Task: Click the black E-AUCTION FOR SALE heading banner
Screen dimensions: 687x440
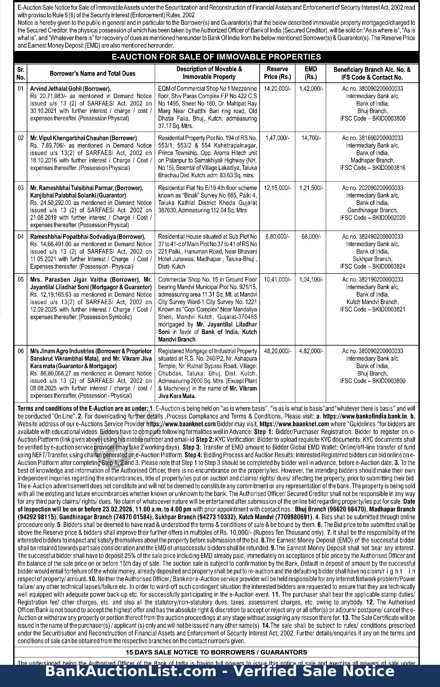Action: [216, 57]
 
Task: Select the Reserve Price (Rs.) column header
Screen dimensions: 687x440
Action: [277, 73]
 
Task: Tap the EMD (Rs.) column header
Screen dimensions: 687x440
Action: [311, 73]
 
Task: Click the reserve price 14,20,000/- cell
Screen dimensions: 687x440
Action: [277, 88]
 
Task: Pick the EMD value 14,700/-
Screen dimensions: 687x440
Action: [311, 138]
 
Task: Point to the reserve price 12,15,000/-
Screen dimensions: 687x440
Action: [277, 188]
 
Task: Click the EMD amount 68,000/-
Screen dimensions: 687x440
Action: [311, 237]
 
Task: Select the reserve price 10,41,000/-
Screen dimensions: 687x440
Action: [277, 280]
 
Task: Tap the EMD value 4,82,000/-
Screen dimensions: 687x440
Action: [311, 351]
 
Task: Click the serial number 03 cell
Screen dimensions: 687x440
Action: [21, 188]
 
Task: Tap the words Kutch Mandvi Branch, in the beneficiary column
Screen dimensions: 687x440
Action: [372, 302]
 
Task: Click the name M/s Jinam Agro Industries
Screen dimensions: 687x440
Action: [62, 351]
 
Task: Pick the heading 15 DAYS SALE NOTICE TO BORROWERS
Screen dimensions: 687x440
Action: [216, 652]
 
